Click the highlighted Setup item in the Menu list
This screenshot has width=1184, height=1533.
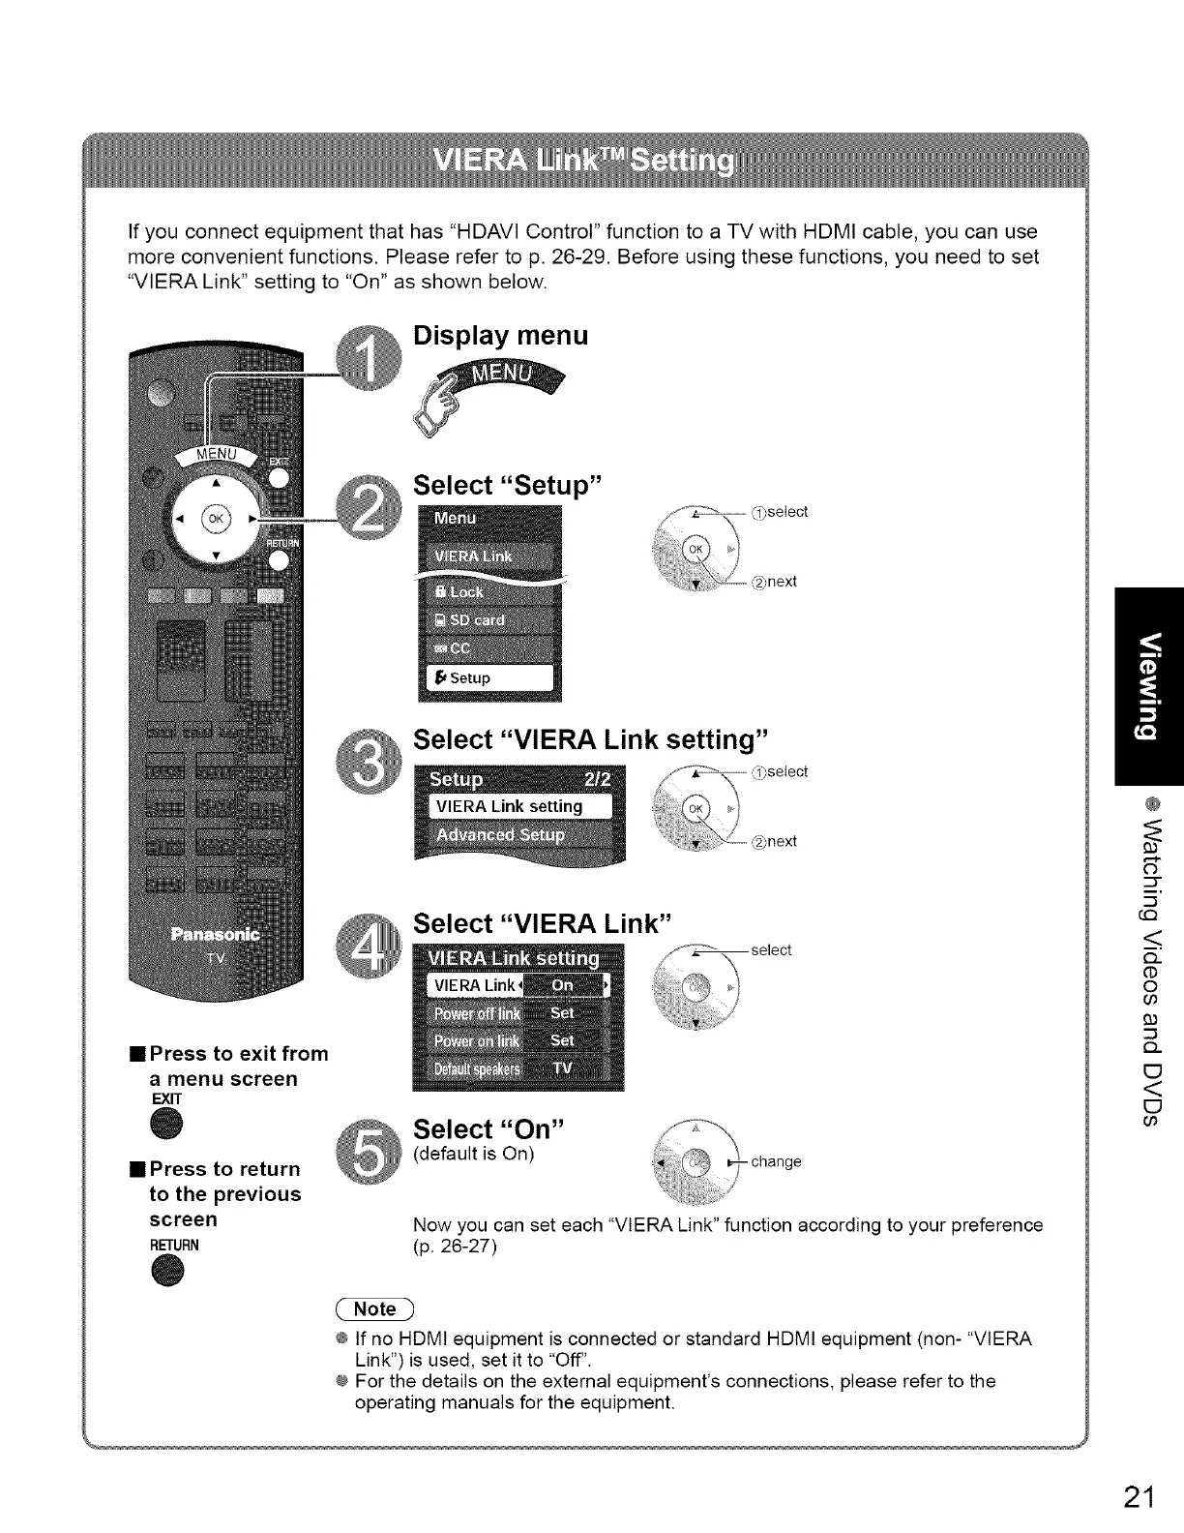click(x=489, y=677)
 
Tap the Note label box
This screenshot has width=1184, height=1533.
click(x=375, y=1309)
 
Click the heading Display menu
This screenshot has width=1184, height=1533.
click(x=500, y=336)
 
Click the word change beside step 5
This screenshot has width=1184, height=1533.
click(x=776, y=1161)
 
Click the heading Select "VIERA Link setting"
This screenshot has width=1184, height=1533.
click(x=590, y=739)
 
